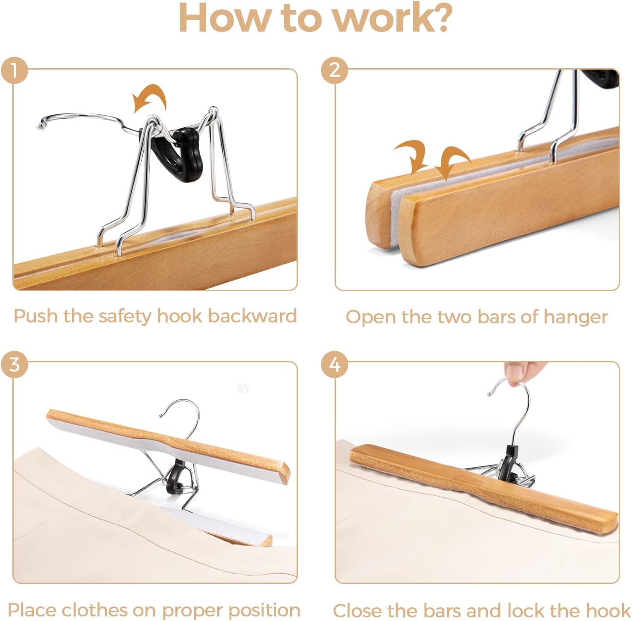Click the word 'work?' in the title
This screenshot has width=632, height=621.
coord(392,18)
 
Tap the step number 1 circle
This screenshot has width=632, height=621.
coord(14,70)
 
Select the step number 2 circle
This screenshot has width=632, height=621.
coord(335,70)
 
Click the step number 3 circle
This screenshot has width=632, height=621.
coord(14,365)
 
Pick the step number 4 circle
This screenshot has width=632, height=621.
coord(335,365)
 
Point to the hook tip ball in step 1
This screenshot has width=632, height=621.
coord(41,125)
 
